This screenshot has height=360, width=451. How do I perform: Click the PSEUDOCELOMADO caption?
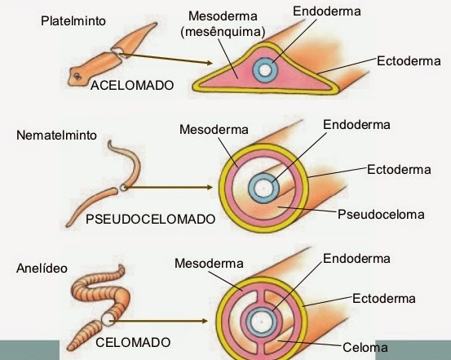pyautogui.click(x=150, y=219)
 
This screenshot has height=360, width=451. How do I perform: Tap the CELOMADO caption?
pyautogui.click(x=133, y=341)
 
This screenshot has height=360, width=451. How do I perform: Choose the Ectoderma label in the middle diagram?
pyautogui.click(x=399, y=169)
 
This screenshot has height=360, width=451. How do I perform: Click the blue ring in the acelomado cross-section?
pyautogui.click(x=264, y=69)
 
